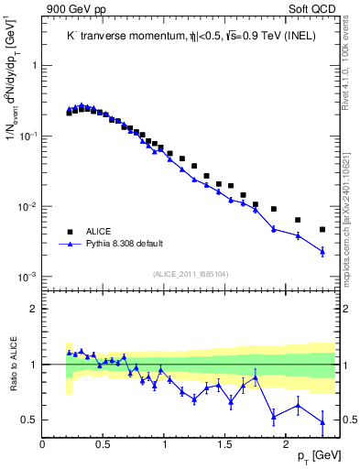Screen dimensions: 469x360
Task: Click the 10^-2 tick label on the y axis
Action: coord(28,206)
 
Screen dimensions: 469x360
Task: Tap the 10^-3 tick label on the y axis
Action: coord(28,277)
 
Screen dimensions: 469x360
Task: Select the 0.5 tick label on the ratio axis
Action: coord(30,420)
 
